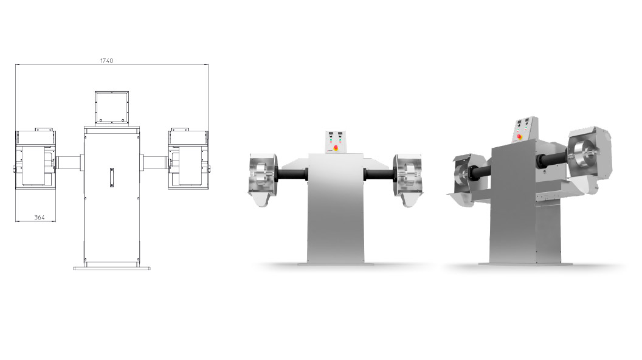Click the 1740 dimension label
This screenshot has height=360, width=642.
click(106, 61)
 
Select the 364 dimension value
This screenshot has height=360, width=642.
click(40, 218)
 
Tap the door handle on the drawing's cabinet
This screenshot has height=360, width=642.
click(112, 178)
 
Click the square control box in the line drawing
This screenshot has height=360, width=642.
click(112, 108)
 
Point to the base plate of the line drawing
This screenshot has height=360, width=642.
click(112, 268)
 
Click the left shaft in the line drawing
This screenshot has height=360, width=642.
click(69, 162)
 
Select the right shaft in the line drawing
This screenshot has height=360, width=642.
click(154, 162)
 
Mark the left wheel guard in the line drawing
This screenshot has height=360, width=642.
click(35, 159)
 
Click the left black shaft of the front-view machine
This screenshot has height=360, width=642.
click(292, 174)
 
